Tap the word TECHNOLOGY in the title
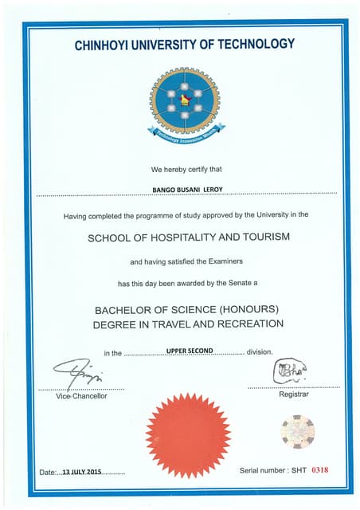256,45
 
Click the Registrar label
294,394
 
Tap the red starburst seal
188,435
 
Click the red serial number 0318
319,470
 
